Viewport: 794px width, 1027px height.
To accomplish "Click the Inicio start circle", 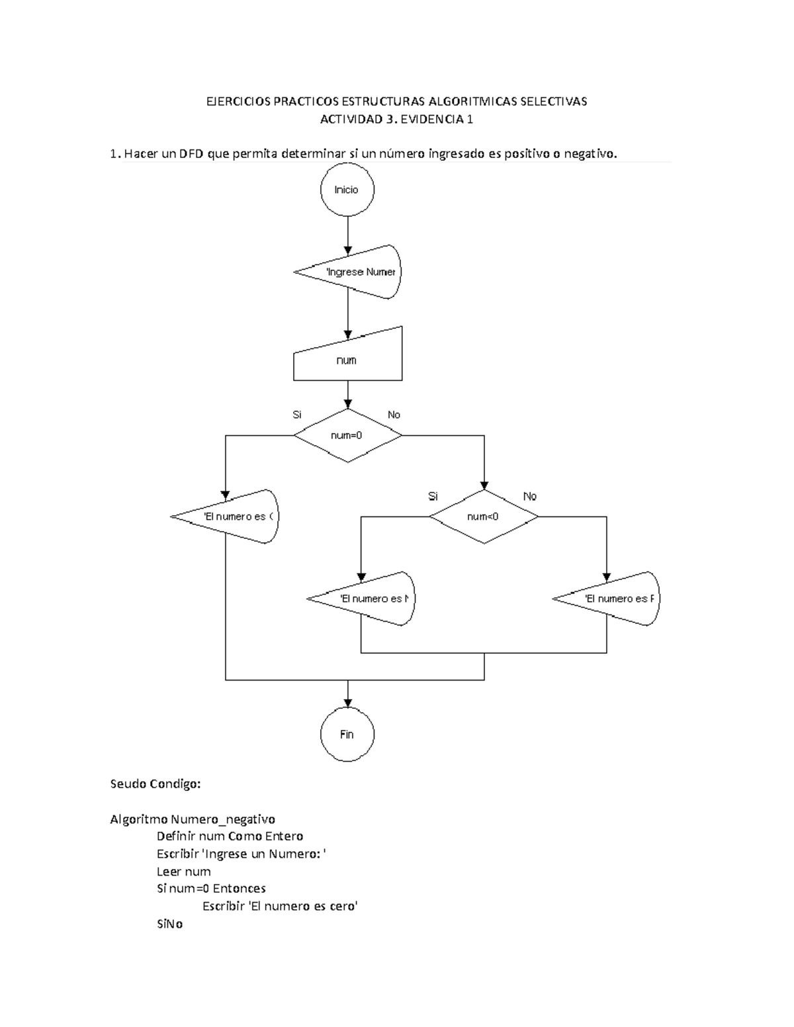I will click(347, 190).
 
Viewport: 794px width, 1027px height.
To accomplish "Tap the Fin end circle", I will click(347, 735).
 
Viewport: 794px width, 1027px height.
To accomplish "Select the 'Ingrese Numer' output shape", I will click(354, 272).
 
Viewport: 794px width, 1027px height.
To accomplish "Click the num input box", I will click(347, 360).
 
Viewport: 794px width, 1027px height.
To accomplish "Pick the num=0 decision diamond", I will click(347, 436).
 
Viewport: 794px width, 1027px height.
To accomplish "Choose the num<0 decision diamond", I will click(484, 516).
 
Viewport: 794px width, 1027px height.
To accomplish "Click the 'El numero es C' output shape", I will click(232, 516).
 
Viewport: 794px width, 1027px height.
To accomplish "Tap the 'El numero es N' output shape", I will click(367, 598).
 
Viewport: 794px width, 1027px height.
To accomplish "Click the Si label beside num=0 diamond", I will click(297, 415).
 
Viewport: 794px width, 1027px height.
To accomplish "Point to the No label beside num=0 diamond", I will click(394, 415).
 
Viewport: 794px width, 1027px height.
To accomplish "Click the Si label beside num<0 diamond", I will click(433, 496).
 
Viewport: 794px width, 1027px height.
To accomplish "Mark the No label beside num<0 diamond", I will click(530, 496).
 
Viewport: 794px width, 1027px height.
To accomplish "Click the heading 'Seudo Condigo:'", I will click(155, 784).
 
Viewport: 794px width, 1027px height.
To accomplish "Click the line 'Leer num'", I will click(183, 872).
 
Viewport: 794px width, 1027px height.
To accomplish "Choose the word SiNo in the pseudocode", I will click(169, 924).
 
